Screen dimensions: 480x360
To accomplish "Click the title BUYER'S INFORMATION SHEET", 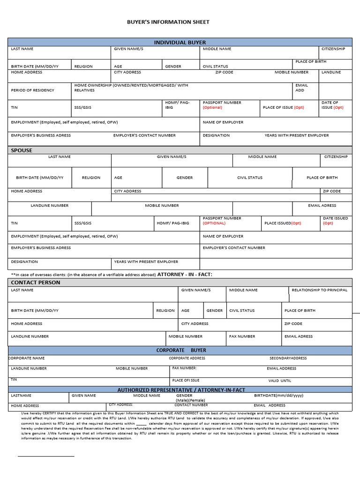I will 168,22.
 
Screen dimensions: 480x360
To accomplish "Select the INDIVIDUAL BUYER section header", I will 180,42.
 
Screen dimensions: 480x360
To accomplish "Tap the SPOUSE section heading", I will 22,150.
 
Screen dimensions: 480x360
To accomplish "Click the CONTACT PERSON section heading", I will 36,283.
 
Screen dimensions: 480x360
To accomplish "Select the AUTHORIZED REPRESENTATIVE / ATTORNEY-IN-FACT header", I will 181,390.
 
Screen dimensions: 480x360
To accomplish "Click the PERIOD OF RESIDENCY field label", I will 32,90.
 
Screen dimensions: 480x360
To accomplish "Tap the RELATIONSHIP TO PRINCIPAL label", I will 319,290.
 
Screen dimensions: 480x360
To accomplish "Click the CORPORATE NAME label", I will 27,358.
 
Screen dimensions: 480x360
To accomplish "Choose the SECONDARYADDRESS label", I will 288,358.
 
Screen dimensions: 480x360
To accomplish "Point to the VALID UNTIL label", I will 279,381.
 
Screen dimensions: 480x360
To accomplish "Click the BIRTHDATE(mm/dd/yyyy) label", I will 278,396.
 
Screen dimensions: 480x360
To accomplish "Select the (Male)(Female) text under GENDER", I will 190,400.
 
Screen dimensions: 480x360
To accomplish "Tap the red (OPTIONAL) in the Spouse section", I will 214,223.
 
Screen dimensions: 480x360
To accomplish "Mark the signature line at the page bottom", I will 46,456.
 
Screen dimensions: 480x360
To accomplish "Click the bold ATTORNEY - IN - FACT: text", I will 188,274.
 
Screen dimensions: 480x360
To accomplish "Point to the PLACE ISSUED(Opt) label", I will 283,223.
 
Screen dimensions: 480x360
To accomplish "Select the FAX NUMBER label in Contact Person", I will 242,336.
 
